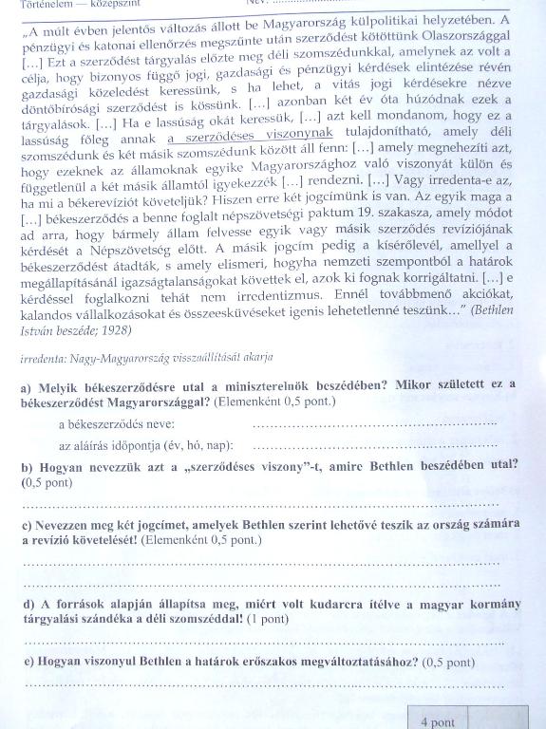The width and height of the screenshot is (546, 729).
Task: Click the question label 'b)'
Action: (26, 466)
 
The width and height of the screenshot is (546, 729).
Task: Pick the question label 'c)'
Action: (26, 525)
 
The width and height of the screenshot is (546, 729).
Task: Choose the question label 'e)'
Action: (26, 662)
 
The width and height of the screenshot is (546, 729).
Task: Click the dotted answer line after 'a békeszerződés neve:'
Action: (375, 425)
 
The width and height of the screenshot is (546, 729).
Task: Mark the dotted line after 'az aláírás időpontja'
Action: (375, 446)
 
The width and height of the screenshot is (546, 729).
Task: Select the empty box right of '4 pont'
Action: (493, 720)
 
